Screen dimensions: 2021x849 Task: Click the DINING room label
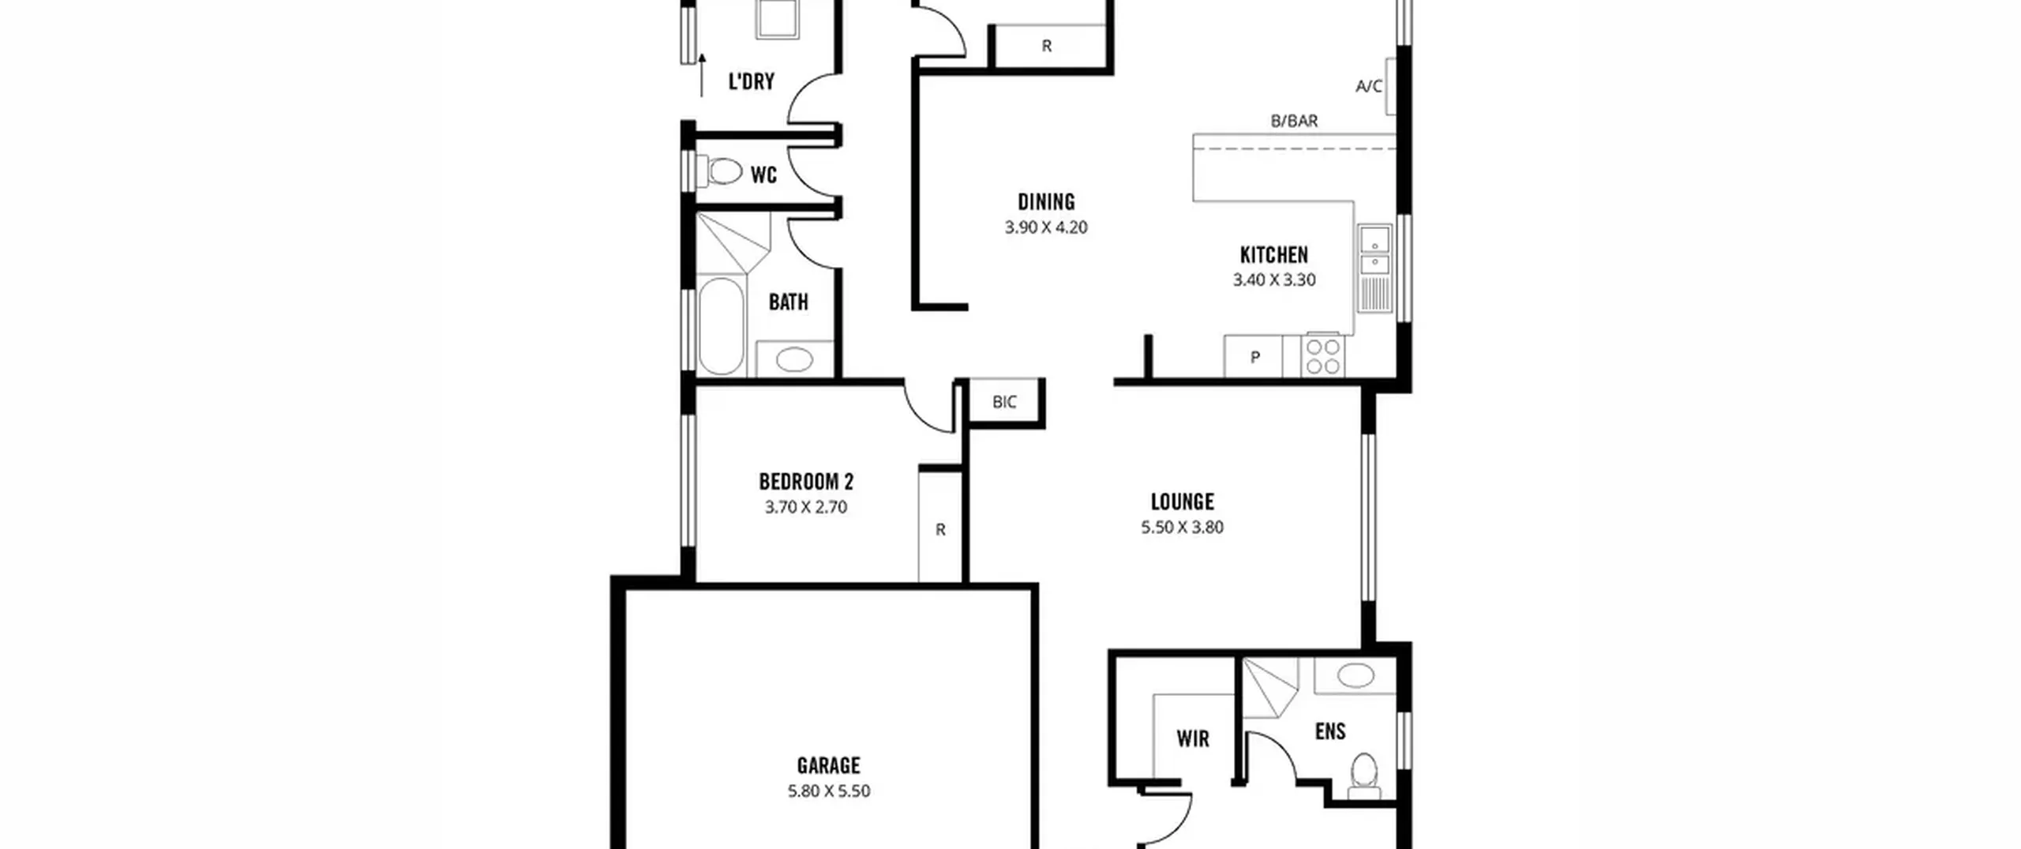[x=1046, y=202]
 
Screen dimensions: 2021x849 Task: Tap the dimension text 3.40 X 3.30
[x=1274, y=280]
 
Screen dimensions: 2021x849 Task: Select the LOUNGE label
[x=1182, y=502]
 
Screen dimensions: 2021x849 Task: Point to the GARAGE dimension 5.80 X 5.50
[x=829, y=791]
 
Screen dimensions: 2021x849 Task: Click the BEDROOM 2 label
[x=806, y=481]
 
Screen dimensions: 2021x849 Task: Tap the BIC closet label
[x=1004, y=402]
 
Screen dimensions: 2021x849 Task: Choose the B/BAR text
[x=1294, y=121]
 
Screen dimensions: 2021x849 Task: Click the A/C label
[x=1369, y=86]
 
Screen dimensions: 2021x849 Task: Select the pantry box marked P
[x=1254, y=356]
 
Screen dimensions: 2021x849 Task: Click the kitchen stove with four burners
[x=1322, y=355]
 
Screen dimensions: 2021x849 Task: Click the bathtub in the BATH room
[x=721, y=325]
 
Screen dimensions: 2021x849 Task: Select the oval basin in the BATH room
[x=794, y=359]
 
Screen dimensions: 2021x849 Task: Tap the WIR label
[x=1193, y=738]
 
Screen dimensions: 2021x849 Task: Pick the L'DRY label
[x=751, y=81]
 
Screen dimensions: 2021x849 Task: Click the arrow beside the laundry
[x=702, y=75]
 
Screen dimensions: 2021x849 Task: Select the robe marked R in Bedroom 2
[x=940, y=528]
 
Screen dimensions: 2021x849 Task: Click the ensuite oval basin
[x=1355, y=675]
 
